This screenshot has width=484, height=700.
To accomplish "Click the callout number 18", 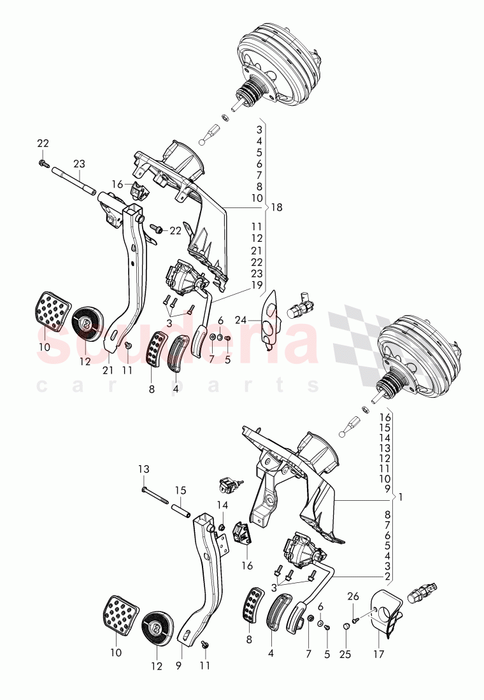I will coord(276,207).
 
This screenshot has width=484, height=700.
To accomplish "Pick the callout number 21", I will coord(108,370).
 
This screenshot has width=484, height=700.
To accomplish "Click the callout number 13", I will coord(144,469).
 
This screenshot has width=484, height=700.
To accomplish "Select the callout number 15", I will coord(181,491).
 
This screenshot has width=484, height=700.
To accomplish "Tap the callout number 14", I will coord(222,505).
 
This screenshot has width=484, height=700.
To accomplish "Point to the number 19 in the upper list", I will coord(257,284).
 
